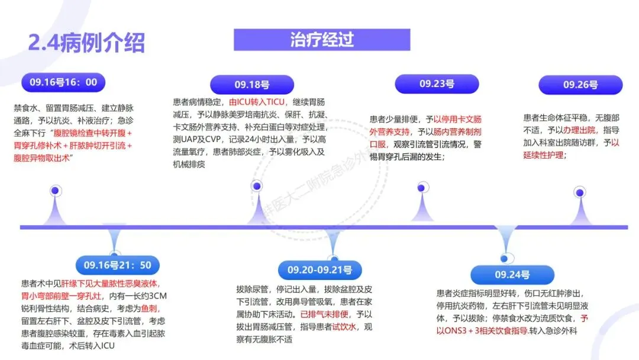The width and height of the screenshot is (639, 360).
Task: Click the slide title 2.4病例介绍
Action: point(86,42)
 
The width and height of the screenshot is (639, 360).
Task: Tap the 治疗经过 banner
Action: point(322,40)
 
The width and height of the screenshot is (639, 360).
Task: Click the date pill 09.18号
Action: point(251,85)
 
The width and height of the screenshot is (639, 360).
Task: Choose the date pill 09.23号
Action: point(437,84)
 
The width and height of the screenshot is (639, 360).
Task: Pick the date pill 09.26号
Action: point(580,85)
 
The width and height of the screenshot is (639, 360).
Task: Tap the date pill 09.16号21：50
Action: point(117,265)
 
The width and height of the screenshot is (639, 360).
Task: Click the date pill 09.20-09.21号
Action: point(319,270)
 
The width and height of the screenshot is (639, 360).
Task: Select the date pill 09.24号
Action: point(512,275)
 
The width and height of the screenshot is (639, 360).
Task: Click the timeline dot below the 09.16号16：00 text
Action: point(55,191)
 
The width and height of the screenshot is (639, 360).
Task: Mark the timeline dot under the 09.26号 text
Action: point(580,191)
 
